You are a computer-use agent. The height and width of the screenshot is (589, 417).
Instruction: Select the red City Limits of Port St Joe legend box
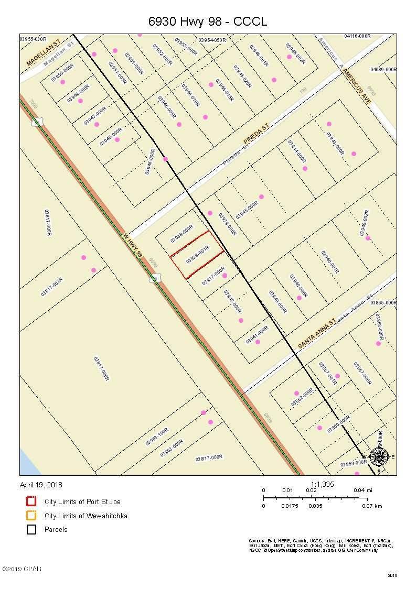[31, 501]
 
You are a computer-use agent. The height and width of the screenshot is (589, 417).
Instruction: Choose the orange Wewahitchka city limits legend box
[31, 516]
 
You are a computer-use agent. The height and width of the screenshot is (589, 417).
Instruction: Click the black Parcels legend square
[31, 529]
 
